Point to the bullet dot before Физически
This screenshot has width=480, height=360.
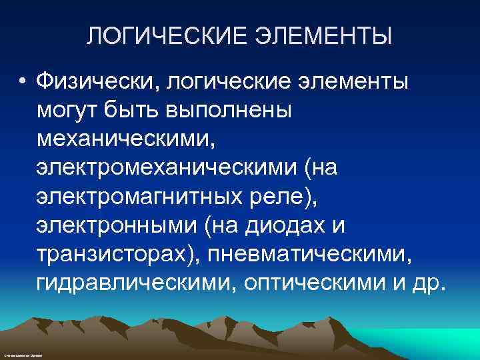(23, 83)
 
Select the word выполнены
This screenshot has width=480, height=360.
(233, 111)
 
